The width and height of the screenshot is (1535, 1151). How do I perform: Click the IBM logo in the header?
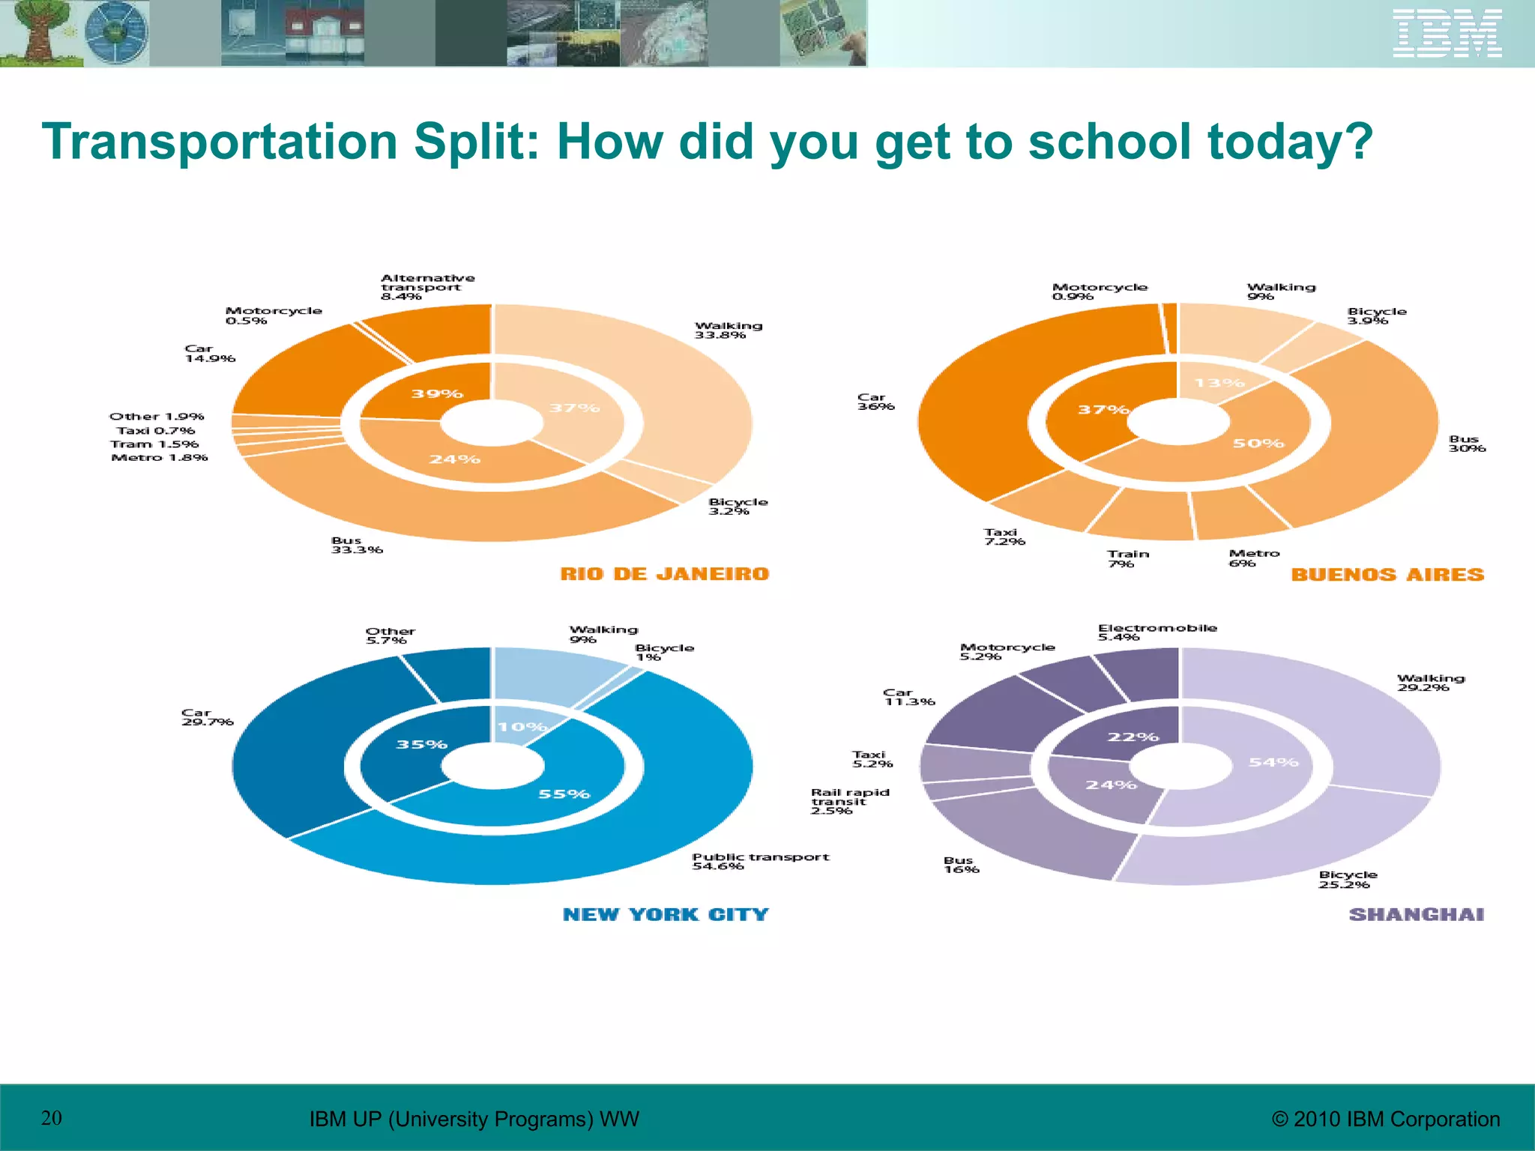(1447, 33)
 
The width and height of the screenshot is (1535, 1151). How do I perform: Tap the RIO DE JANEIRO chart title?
(665, 574)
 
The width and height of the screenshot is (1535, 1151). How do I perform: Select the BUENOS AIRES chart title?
(1387, 575)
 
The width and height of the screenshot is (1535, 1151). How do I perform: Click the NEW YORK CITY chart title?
(666, 914)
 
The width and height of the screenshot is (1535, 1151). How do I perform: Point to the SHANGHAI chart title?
(1417, 914)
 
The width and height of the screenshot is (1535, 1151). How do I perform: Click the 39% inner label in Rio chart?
(437, 393)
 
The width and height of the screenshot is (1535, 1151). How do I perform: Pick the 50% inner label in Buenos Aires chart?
(1258, 443)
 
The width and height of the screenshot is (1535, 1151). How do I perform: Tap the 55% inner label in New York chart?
(564, 794)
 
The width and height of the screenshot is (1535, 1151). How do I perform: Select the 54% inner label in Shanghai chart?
(1273, 762)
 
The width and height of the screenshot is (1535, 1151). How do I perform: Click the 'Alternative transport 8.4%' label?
(427, 287)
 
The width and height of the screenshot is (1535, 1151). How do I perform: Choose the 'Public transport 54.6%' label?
(760, 861)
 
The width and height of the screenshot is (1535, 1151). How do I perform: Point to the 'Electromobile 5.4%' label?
(1157, 632)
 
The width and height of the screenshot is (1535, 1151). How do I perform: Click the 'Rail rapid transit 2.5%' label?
(850, 801)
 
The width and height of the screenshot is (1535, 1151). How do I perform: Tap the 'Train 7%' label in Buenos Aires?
(1128, 559)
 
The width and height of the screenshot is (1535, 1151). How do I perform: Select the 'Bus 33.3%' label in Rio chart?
(357, 545)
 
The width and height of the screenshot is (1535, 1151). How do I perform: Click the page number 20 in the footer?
(52, 1118)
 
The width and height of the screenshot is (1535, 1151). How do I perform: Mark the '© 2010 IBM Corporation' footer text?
(1386, 1119)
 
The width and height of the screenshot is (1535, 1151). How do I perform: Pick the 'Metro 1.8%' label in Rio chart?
(160, 457)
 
